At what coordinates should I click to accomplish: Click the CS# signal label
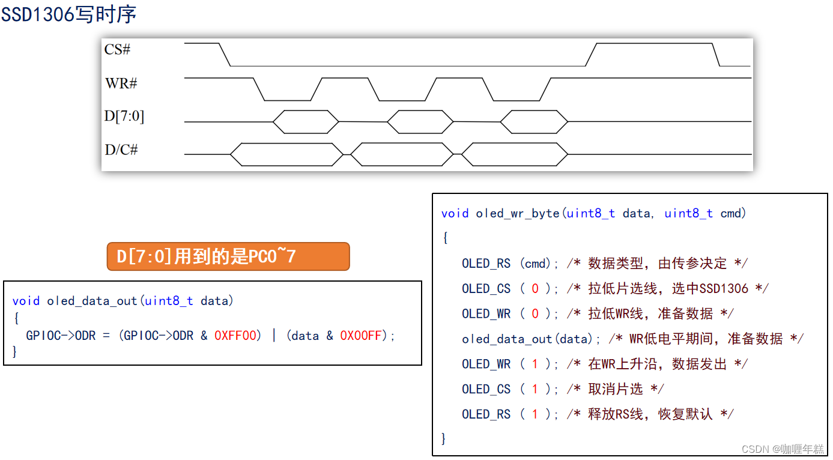(117, 50)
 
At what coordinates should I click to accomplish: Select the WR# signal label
(121, 83)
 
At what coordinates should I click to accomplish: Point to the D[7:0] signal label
(124, 116)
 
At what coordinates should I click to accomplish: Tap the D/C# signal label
(121, 150)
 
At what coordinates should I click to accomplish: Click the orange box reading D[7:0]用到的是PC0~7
(228, 256)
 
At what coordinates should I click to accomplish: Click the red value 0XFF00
(238, 336)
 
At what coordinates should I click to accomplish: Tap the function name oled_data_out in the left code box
(92, 301)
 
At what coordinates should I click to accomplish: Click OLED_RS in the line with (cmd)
(486, 264)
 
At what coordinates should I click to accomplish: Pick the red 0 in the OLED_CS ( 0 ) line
(535, 289)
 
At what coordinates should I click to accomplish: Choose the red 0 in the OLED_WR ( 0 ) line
(535, 314)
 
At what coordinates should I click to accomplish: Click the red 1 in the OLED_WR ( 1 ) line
(535, 365)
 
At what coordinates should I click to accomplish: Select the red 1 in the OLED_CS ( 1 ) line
(535, 390)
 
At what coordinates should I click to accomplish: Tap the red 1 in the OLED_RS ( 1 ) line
(535, 415)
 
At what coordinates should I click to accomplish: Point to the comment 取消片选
(615, 390)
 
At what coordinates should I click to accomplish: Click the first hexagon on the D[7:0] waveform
(306, 122)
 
